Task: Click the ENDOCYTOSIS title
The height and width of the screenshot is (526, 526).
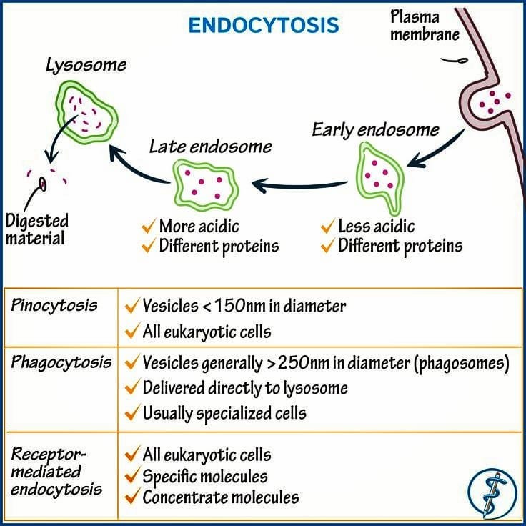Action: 264,25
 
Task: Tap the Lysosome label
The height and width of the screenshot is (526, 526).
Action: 86,65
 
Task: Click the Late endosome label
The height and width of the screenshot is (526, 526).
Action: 210,147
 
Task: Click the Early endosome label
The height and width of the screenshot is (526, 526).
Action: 375,130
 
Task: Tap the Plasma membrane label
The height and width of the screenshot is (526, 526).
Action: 425,25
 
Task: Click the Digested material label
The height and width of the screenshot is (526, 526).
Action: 37,230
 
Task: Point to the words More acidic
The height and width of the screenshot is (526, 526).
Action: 199,226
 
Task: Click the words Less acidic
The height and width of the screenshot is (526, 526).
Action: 377,226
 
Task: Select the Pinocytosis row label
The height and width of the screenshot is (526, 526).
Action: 54,306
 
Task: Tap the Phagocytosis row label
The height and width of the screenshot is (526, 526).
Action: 61,362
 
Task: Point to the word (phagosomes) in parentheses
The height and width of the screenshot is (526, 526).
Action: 462,363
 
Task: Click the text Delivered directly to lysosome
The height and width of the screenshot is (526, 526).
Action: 245,388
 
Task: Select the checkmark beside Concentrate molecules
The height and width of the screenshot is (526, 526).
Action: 132,497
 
